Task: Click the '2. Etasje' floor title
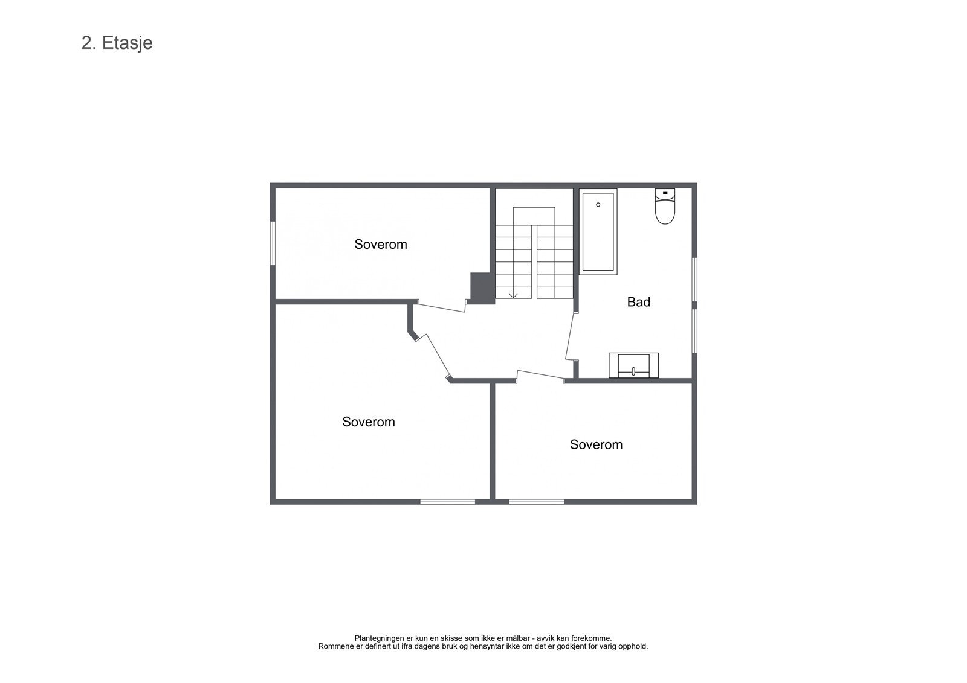click(x=117, y=43)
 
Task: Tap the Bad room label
click(x=638, y=302)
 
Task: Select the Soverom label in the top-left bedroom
click(x=380, y=245)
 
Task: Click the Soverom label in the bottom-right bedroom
click(x=596, y=445)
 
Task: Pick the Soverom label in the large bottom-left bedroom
click(x=368, y=422)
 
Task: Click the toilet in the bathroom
click(x=665, y=207)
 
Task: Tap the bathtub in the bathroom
click(x=598, y=232)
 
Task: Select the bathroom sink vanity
click(x=633, y=365)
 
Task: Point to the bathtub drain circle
click(x=598, y=205)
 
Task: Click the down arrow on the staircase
click(x=513, y=295)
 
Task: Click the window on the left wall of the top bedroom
click(x=273, y=243)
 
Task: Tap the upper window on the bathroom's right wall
click(x=694, y=279)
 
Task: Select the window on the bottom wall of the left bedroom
click(x=447, y=501)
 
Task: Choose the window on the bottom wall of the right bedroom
click(x=536, y=501)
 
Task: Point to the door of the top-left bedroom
click(x=441, y=306)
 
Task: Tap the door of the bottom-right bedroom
click(x=540, y=375)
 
